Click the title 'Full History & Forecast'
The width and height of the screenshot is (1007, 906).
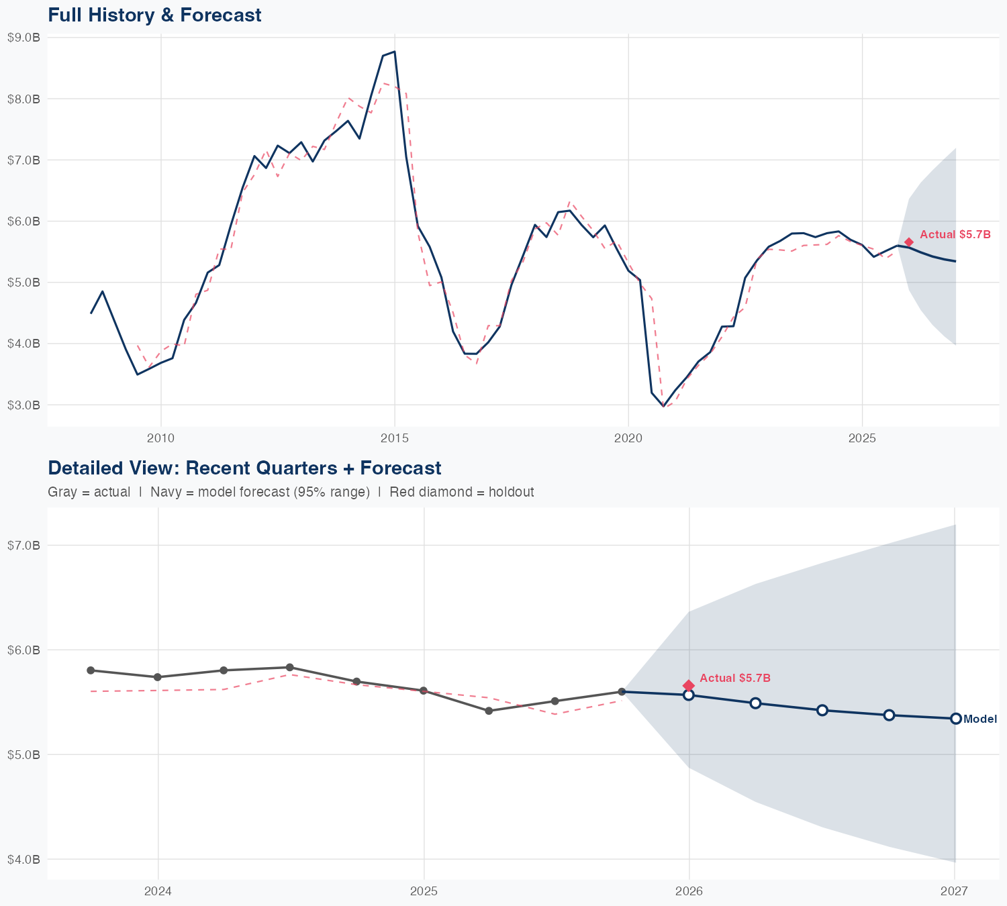(154, 15)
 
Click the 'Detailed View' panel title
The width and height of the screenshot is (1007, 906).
(244, 468)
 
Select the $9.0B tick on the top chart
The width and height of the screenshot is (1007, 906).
(24, 38)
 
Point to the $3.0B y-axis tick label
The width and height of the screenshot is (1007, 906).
(24, 405)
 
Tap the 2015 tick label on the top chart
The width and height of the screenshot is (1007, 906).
(394, 438)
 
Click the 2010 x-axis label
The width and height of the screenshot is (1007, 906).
(160, 438)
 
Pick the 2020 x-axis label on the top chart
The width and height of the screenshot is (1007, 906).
(628, 438)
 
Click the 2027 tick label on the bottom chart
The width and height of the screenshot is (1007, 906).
(954, 891)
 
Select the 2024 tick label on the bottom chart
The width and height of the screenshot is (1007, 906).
(158, 891)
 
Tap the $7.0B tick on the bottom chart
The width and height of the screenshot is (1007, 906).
(24, 545)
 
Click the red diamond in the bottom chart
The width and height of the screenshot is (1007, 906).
(688, 685)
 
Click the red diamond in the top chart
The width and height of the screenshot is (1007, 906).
(908, 242)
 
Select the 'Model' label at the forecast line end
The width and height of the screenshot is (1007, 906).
(980, 719)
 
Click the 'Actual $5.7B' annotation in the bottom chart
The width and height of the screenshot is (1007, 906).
(735, 678)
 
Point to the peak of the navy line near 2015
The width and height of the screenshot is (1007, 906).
(394, 52)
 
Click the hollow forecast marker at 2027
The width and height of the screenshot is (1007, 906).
(955, 718)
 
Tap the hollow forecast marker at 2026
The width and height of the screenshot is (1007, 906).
(688, 695)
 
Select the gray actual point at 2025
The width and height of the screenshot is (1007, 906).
(424, 691)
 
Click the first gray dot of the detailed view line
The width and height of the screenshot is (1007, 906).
(91, 670)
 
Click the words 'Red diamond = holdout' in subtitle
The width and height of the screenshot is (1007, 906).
(461, 492)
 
